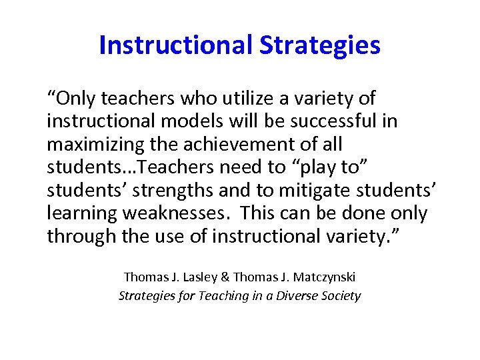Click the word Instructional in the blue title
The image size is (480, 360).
tap(175, 45)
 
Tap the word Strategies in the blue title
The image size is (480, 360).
tap(320, 45)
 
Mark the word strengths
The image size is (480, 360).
tap(169, 191)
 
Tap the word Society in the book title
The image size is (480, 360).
tap(340, 295)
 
